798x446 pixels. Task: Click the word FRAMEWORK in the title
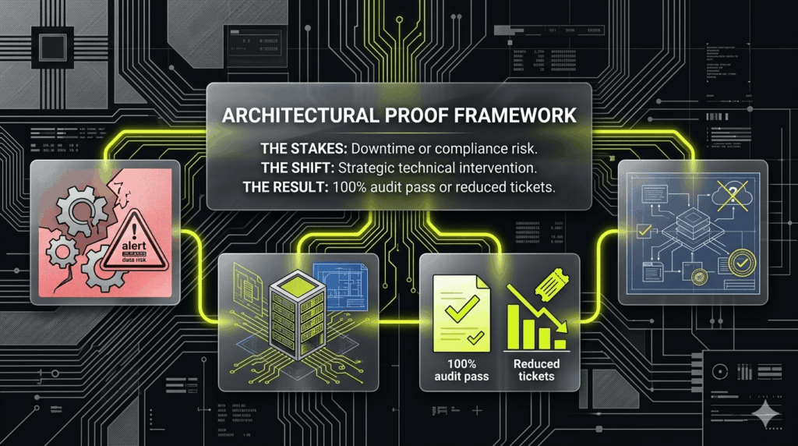(510, 115)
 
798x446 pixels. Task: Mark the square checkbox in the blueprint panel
(644, 230)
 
